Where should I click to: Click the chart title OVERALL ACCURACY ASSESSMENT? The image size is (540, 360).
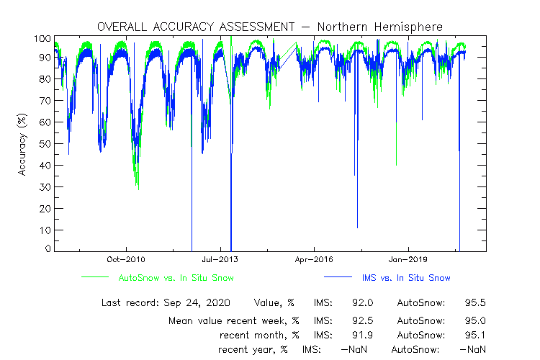coord(195,27)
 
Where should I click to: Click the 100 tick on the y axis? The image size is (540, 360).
coord(42,38)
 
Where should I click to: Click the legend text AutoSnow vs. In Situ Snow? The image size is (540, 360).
coord(176,277)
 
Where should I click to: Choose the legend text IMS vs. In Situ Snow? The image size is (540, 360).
coord(407,277)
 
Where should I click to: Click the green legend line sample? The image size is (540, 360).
coord(94,276)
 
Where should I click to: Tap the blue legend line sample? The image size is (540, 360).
coord(336,276)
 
